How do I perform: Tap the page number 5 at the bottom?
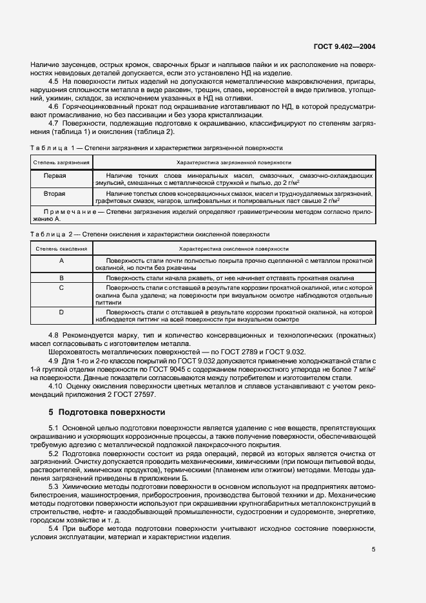(374, 549)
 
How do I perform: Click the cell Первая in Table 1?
(55, 175)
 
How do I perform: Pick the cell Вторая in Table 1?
(55, 193)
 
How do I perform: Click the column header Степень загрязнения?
(55, 163)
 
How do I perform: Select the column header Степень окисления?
(55, 248)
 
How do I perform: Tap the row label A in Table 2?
(61, 260)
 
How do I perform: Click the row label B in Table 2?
(61, 278)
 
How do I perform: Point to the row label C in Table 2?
(61, 288)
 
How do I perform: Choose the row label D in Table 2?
(61, 312)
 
